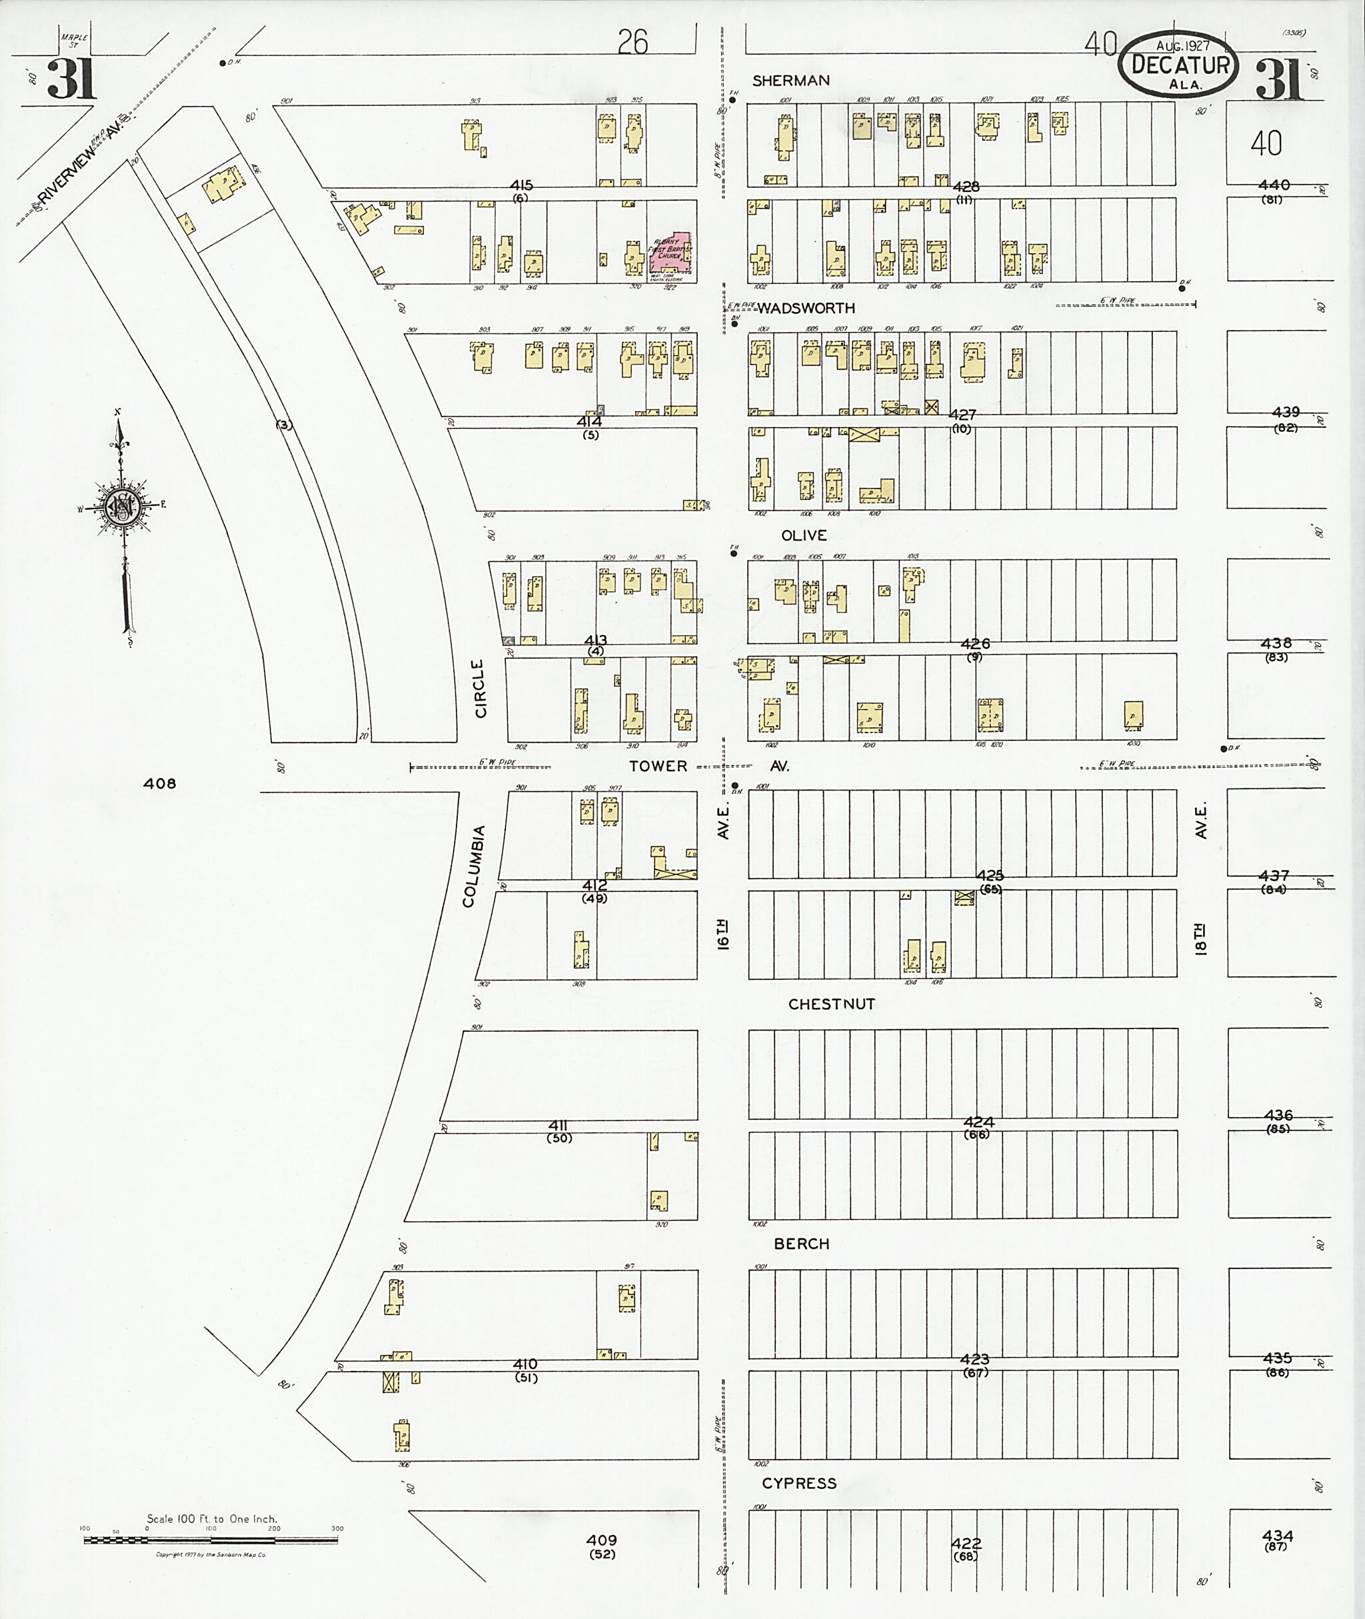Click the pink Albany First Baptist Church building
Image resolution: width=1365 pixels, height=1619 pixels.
click(672, 254)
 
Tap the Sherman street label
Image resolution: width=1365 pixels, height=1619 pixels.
click(791, 81)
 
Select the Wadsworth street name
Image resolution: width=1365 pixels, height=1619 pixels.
click(806, 308)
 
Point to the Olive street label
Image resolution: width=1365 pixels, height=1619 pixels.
click(804, 535)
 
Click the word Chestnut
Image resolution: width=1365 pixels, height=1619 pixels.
click(831, 1004)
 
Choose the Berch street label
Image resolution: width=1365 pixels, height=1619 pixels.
click(802, 1244)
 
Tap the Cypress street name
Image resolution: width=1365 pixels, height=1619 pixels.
click(799, 1483)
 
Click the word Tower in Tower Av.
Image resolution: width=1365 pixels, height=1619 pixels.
click(658, 765)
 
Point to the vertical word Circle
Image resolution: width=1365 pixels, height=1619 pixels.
click(480, 688)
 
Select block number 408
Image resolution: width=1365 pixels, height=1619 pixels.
click(159, 783)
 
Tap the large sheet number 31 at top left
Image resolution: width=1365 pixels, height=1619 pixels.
click(71, 79)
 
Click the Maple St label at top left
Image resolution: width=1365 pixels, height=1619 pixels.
click(78, 40)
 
